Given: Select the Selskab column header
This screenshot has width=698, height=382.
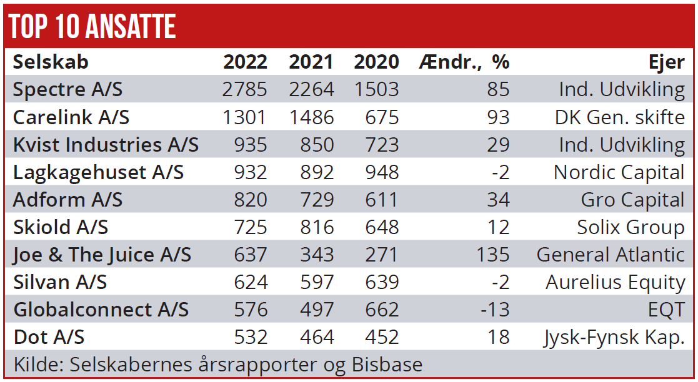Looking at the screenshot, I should (x=51, y=62).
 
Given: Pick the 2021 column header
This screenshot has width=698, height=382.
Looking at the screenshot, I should (x=311, y=62).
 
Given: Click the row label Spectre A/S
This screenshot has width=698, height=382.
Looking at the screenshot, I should (x=67, y=89).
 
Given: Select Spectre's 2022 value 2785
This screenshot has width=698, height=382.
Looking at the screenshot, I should (x=244, y=89).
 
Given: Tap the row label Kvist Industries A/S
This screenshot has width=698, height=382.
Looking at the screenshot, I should (x=106, y=145).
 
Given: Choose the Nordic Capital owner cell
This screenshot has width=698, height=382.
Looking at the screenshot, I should (x=619, y=172).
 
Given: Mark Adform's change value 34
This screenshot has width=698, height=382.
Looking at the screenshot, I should (x=498, y=200).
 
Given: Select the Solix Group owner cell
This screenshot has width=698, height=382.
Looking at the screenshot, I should (x=631, y=227).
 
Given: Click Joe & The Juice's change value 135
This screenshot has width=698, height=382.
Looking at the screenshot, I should (x=492, y=255).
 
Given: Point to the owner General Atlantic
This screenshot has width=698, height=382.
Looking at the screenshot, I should (x=610, y=255).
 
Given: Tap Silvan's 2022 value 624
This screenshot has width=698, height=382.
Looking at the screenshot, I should (x=251, y=282).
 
